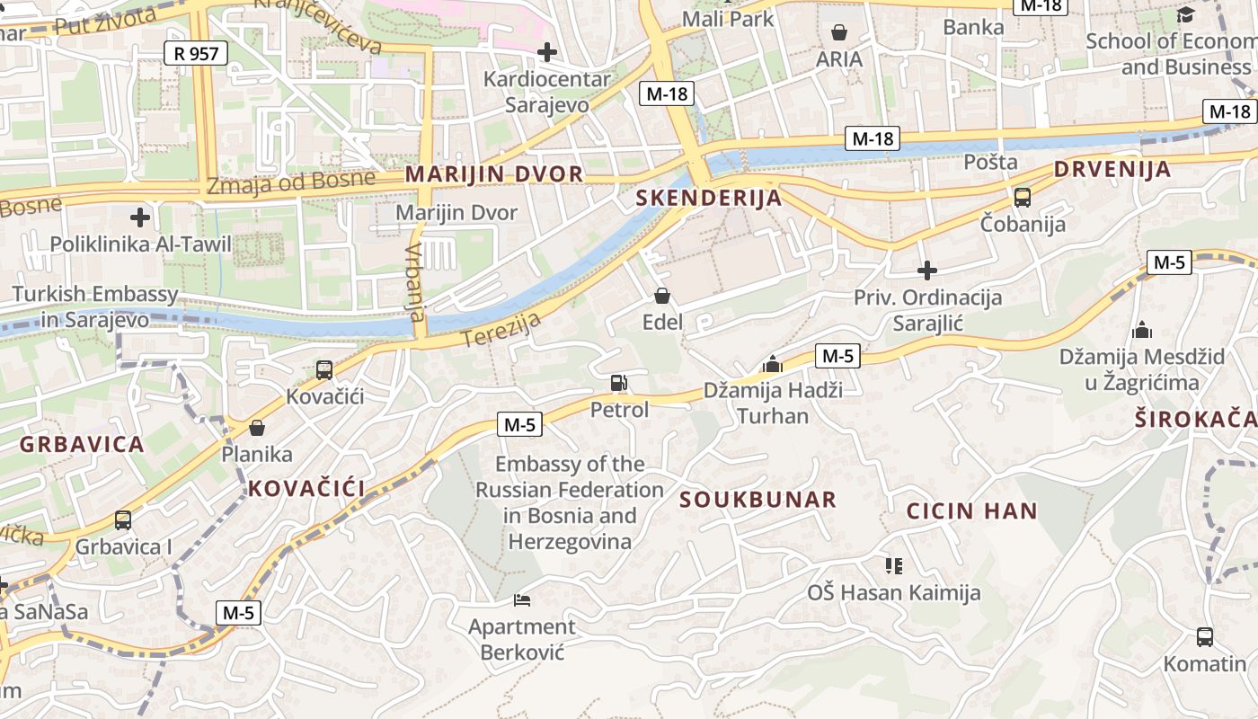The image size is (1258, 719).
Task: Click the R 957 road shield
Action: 196,53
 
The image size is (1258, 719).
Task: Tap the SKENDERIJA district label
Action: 709,198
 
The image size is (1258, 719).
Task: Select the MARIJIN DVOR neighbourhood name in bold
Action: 494,174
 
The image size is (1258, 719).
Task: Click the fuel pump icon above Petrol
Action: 619,384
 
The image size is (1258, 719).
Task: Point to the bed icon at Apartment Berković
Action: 522,599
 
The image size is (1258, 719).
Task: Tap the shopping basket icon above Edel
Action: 662,296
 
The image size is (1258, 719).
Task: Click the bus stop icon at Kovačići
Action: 324,369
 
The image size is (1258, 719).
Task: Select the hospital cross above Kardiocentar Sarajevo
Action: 546,52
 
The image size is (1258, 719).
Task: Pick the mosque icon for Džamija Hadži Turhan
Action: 772,364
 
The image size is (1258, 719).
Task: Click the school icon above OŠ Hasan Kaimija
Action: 893,565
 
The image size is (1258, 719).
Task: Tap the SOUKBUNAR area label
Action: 757,500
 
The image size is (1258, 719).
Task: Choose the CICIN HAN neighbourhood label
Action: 971,511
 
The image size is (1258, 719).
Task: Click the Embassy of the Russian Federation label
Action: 570,502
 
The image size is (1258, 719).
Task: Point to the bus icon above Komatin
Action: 1205,637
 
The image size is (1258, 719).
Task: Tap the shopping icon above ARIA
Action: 838,32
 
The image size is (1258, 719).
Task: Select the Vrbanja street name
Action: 414,282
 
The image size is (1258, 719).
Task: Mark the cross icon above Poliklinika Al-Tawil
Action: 140,217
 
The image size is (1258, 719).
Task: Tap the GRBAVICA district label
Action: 82,444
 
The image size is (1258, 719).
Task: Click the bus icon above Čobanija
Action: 1022,198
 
